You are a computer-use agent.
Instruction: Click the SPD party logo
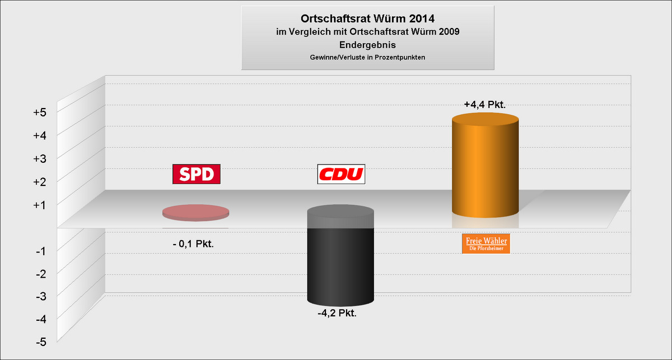(197, 174)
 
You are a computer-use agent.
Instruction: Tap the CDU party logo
(341, 174)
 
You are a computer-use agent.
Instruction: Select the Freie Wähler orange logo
(486, 244)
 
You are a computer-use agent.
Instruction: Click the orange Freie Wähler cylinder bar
(486, 165)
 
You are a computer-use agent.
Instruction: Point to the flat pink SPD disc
(196, 213)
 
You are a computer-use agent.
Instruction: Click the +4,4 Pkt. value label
(485, 104)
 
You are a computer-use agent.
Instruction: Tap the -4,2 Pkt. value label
(337, 313)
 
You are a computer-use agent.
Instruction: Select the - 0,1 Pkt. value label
(193, 244)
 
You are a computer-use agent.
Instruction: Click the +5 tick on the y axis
(40, 112)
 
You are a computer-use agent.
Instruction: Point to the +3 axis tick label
(40, 158)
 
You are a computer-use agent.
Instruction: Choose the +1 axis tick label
(40, 205)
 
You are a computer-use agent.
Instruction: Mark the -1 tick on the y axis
(41, 251)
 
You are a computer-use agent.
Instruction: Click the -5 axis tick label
(41, 342)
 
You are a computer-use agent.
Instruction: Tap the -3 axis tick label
(41, 296)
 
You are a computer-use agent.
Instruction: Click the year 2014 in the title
(422, 18)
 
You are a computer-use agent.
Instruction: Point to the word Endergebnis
(367, 45)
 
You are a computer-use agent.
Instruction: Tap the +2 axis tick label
(40, 182)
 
